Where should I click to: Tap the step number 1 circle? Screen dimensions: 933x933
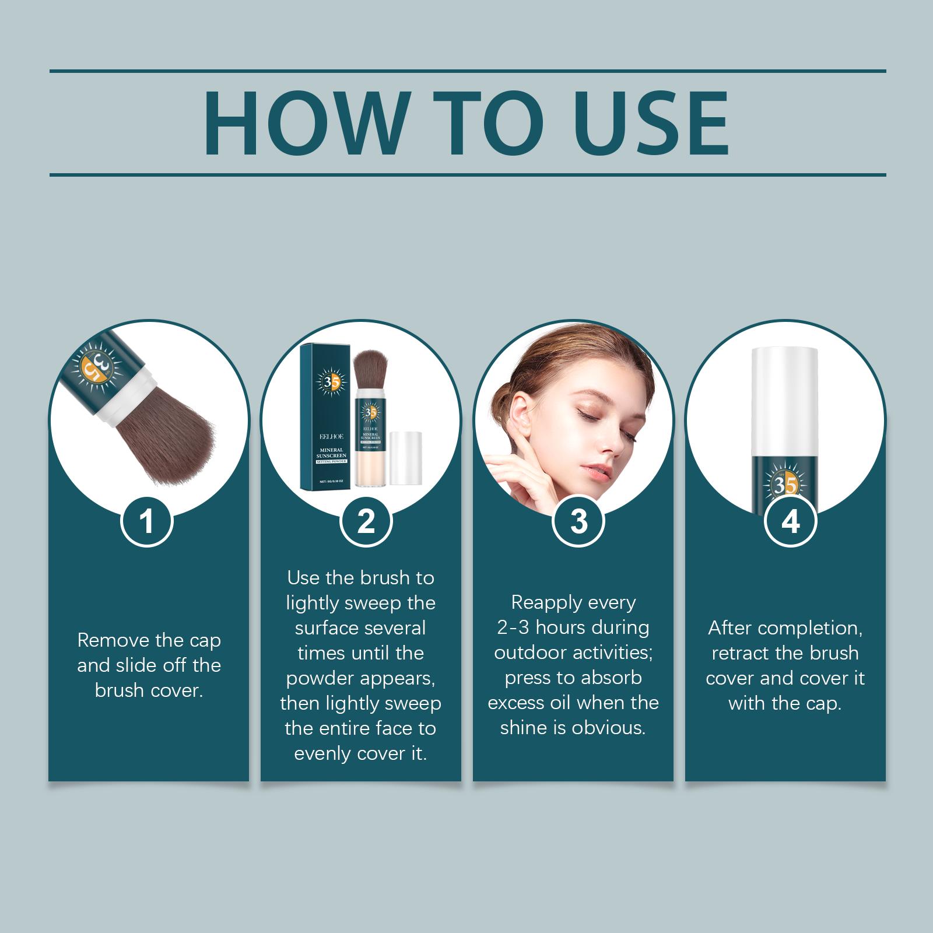coord(147,521)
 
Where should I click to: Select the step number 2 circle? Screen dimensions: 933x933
coord(366,521)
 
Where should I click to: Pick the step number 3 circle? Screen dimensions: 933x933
coord(578,521)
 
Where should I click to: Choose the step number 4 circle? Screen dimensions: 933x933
coord(790,521)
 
